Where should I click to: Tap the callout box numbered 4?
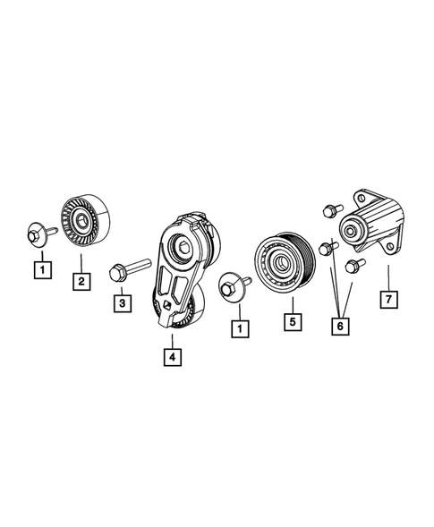click(170, 356)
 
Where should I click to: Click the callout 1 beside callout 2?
click(39, 267)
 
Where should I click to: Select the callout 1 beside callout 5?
click(239, 328)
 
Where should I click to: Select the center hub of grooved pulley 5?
click(280, 262)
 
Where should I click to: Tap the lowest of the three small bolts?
click(350, 265)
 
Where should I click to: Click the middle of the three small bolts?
click(326, 245)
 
